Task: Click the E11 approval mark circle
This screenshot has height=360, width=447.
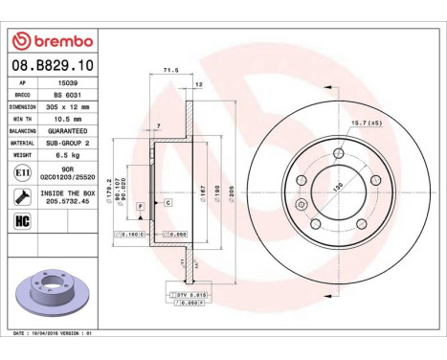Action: click(22, 171)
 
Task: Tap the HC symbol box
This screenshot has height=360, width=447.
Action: click(22, 221)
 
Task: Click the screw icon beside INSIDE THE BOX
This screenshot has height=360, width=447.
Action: click(22, 196)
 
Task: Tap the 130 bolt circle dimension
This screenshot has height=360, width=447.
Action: click(336, 188)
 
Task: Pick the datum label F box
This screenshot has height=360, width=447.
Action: click(140, 206)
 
